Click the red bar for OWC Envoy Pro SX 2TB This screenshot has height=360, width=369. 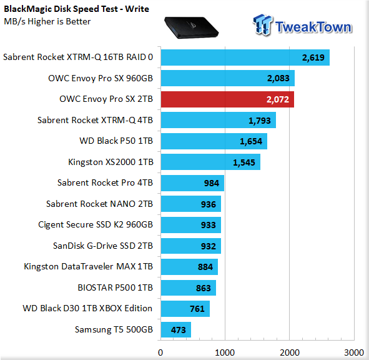coord(227,99)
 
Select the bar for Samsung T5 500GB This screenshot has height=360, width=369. coord(176,329)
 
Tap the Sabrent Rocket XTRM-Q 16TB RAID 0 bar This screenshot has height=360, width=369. coord(245,57)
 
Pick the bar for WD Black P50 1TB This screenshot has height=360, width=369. coord(214,141)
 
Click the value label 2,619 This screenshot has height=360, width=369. coord(313,57)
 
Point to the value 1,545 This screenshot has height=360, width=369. coord(244,162)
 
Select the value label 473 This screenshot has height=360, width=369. coord(179,330)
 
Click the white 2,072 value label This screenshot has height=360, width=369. coord(278,99)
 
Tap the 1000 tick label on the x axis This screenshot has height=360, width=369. coord(225,352)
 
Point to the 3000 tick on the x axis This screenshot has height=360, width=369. coord(354,352)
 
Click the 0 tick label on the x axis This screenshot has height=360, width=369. coord(160,352)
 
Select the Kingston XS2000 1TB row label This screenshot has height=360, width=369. coord(111,162)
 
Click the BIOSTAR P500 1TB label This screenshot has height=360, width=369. coord(116,287)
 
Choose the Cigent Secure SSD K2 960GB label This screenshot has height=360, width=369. coord(96,225)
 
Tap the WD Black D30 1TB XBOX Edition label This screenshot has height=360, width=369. coord(87,308)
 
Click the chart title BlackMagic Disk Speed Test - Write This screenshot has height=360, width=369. coord(76,9)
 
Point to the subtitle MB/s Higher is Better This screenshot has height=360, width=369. coord(47,21)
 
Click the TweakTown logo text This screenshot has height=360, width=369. coord(313,27)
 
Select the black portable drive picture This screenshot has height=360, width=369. coord(191,27)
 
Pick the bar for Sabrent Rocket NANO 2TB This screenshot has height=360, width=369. coord(191,204)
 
